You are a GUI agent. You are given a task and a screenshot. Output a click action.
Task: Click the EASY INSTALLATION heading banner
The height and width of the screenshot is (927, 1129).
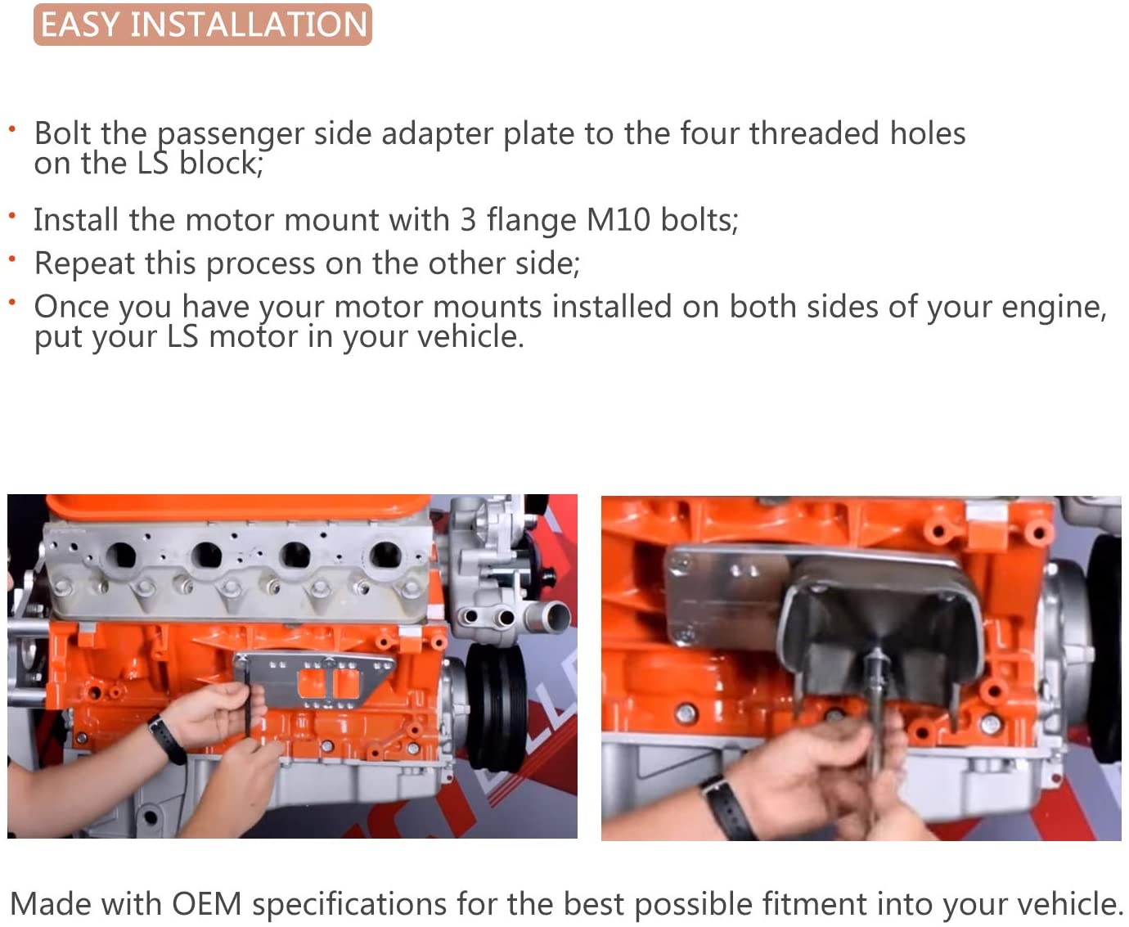(202, 25)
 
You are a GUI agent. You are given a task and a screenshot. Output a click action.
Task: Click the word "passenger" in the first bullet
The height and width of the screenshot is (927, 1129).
(231, 134)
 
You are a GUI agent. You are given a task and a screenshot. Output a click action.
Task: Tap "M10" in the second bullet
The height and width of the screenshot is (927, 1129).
(618, 219)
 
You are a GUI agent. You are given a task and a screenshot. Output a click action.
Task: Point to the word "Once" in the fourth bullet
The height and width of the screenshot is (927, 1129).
(76, 307)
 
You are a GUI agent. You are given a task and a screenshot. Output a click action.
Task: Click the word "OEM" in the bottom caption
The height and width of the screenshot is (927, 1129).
(207, 904)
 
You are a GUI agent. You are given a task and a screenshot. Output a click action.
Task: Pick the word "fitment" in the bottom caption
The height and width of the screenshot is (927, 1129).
(815, 904)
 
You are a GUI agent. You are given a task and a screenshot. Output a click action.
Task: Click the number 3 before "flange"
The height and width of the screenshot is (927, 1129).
(468, 219)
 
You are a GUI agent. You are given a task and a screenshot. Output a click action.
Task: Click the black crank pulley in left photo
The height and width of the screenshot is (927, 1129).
(495, 706)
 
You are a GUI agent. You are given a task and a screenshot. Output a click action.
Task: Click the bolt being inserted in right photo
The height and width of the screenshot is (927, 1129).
(875, 707)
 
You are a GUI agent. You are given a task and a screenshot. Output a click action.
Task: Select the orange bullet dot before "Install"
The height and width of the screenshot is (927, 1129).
(12, 216)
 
